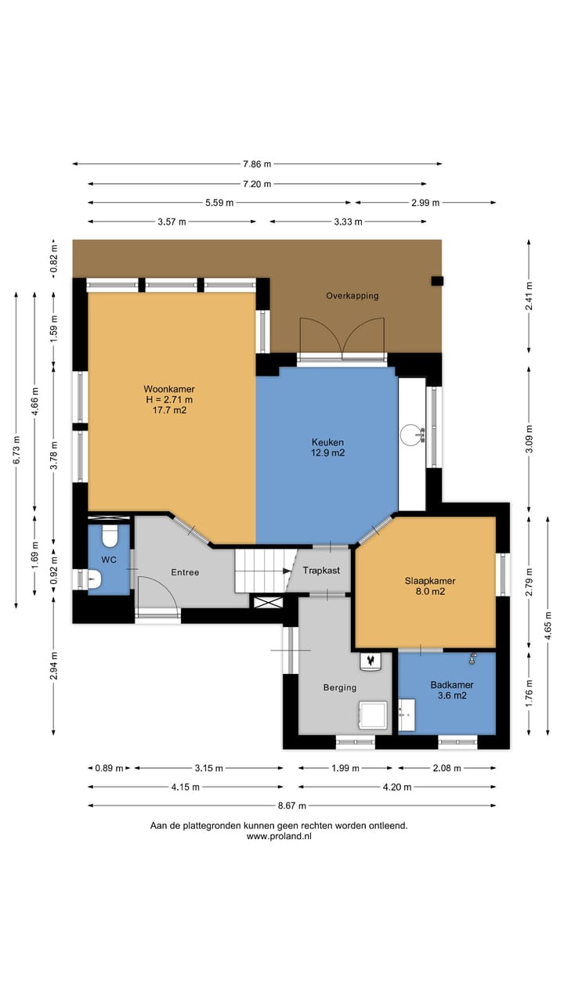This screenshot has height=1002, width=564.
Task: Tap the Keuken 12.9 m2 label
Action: click(x=327, y=447)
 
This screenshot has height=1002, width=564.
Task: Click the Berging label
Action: click(x=340, y=687)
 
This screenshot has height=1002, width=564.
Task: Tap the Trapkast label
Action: click(x=321, y=571)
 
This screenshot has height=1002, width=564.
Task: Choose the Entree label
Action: click(x=185, y=572)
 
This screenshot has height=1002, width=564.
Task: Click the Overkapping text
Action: click(x=352, y=296)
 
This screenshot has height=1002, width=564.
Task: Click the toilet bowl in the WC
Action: click(x=110, y=536)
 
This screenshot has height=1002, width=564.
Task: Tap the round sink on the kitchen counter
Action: click(x=410, y=434)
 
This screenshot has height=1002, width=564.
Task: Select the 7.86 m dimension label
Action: click(x=257, y=164)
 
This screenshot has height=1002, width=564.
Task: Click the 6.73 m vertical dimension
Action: click(x=16, y=449)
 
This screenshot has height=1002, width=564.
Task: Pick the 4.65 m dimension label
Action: click(x=548, y=625)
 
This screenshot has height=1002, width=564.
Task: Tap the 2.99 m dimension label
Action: click(x=425, y=203)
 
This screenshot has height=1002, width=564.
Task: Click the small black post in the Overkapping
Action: click(x=437, y=281)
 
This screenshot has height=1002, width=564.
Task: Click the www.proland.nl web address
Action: click(x=279, y=836)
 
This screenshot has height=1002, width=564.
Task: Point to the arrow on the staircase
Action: click(x=287, y=571)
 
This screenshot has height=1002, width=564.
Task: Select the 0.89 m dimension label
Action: click(x=109, y=768)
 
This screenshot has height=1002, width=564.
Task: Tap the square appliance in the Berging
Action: click(x=373, y=715)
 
